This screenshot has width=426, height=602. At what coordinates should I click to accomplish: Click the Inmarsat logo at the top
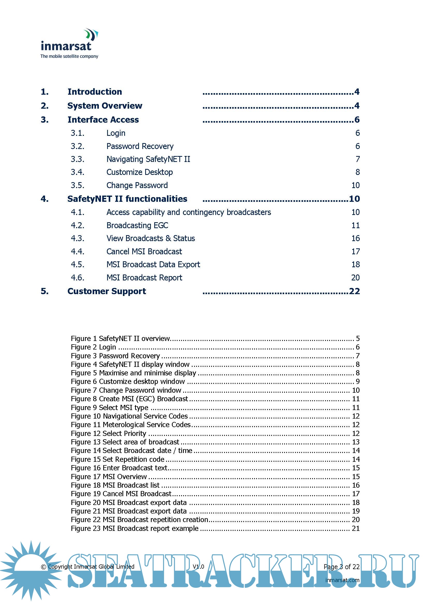(69, 44)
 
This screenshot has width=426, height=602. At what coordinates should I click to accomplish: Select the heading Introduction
(95, 92)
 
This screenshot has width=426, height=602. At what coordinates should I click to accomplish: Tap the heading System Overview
(105, 106)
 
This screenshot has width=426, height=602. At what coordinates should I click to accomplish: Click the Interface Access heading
(103, 120)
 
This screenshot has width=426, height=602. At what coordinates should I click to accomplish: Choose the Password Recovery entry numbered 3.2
(140, 146)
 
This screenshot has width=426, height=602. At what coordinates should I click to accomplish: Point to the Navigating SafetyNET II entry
(148, 159)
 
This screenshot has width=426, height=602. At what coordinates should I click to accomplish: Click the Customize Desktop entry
(139, 172)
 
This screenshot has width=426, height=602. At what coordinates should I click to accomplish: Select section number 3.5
(77, 185)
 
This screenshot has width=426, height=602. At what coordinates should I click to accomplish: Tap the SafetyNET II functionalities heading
(127, 199)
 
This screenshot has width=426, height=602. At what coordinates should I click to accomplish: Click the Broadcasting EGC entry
(137, 226)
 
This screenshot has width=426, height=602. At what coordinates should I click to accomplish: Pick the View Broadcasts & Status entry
(151, 238)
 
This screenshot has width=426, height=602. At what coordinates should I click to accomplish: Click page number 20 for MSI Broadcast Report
(355, 278)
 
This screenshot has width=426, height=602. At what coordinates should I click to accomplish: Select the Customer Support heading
(107, 291)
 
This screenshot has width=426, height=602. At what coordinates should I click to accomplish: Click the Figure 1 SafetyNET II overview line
(121, 338)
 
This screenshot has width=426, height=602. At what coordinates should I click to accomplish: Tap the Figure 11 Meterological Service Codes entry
(131, 425)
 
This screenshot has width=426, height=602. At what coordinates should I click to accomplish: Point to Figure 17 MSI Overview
(109, 477)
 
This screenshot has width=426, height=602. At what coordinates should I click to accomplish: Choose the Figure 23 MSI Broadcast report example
(135, 528)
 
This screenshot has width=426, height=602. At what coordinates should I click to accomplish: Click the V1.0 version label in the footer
(198, 567)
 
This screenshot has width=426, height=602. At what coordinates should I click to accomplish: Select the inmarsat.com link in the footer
(342, 580)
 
